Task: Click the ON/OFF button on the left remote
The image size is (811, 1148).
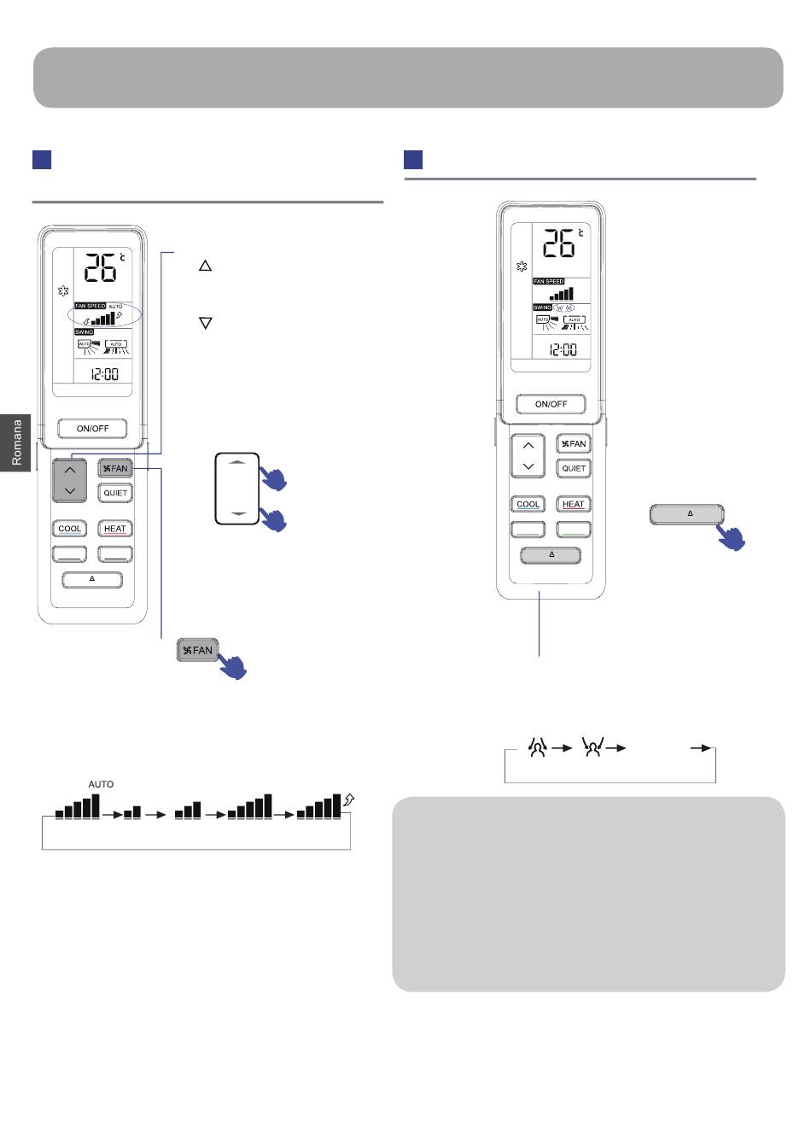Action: coord(92,428)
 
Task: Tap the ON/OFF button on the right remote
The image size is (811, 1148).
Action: coord(551,404)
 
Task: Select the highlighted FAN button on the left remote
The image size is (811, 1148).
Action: coord(114,468)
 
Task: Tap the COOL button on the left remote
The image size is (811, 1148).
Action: coord(70,529)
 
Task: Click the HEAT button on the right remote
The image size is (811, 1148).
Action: coord(574,504)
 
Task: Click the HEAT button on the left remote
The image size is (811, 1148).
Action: coord(115,529)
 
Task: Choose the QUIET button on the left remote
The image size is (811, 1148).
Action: coord(115,493)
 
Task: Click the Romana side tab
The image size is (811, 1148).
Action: coord(16,442)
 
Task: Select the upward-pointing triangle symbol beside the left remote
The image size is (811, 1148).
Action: coord(205,266)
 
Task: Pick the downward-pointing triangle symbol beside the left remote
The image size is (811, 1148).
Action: coord(205,324)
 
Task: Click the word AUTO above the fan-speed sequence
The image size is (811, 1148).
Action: coord(101,784)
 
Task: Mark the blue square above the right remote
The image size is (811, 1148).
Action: coord(413,160)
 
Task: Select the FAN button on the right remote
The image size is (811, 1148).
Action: coord(574,443)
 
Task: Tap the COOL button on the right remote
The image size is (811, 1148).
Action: coord(528,504)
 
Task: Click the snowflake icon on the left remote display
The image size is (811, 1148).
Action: coord(63,292)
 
